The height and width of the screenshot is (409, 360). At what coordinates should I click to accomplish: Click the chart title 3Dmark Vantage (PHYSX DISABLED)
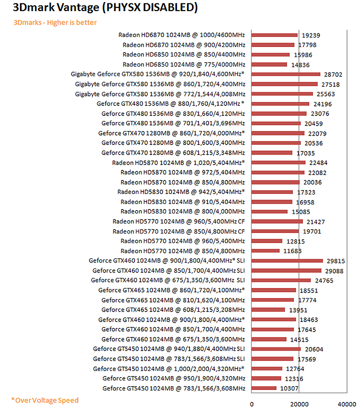(98, 8)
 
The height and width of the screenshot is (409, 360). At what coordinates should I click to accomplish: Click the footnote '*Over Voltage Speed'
(45, 400)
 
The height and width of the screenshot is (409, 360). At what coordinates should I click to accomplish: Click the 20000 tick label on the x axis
(299, 403)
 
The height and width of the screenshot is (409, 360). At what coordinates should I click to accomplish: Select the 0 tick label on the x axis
(251, 403)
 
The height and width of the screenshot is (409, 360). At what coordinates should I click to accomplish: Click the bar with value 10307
(263, 388)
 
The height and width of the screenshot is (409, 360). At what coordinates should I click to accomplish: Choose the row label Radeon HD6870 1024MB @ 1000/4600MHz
(181, 35)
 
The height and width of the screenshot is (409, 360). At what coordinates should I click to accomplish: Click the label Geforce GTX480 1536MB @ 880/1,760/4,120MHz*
(170, 103)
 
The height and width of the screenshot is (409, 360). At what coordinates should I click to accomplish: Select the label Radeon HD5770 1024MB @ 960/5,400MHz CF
(178, 221)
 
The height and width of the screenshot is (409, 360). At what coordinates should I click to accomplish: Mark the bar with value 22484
(278, 162)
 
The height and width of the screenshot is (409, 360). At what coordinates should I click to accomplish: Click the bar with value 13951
(268, 310)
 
